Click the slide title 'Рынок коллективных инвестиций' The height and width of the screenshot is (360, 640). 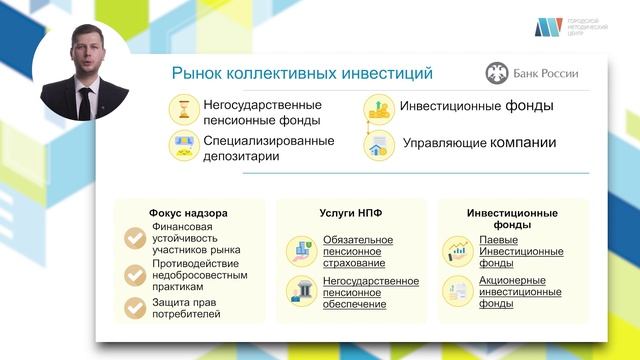(302, 73)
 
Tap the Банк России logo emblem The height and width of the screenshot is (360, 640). (497, 73)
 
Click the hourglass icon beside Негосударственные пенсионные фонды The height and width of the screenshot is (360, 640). (185, 109)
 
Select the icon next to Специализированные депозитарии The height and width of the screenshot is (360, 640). (185, 146)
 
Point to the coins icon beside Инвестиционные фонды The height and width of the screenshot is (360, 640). (377, 108)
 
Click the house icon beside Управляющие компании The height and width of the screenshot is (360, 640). (378, 145)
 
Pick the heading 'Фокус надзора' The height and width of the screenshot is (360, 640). (189, 213)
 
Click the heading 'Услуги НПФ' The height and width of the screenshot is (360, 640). (346, 213)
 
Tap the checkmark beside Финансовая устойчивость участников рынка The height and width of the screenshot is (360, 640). (135, 238)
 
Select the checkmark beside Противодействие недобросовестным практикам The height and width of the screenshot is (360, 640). (135, 274)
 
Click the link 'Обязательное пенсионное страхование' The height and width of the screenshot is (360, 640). (358, 252)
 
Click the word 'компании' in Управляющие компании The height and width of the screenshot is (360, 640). (522, 143)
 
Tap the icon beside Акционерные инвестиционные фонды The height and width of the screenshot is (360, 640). (459, 292)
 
